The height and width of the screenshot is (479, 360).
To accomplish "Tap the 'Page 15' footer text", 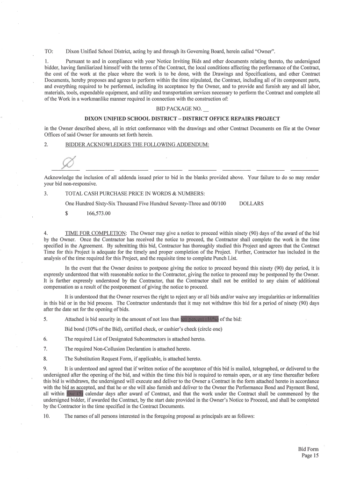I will (310, 456).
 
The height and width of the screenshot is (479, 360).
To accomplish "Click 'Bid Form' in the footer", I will (308, 449).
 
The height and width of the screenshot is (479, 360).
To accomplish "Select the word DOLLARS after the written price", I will (251, 203).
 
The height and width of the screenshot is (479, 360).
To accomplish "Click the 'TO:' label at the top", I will (48, 51).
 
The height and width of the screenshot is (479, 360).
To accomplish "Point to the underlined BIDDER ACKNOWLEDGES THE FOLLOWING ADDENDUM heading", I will (137, 145).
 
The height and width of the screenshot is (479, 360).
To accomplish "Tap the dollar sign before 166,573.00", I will (67, 214).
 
